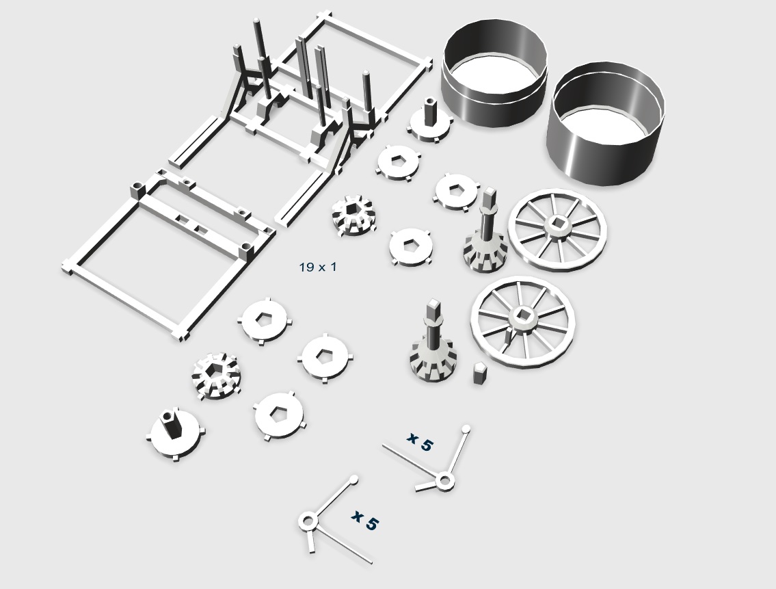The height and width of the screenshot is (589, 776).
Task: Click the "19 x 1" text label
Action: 318,267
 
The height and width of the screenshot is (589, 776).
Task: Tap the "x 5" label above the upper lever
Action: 420,441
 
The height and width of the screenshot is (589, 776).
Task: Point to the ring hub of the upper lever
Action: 444,480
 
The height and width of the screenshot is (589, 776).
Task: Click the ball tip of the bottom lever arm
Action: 353,480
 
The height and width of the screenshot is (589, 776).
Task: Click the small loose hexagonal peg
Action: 479,373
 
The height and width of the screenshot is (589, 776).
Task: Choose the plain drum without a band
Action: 606,124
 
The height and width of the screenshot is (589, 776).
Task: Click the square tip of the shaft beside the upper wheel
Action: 489,195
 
